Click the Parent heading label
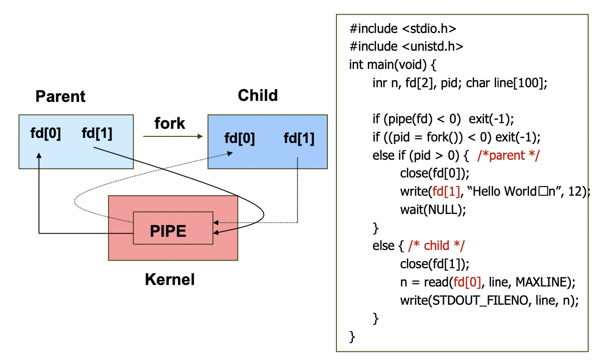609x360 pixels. coord(60,96)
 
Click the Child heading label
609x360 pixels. coord(257,95)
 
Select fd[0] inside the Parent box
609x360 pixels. coord(46,133)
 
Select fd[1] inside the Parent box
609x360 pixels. coord(97,133)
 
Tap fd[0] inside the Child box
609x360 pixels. coord(240,138)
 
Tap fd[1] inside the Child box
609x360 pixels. coord(299,138)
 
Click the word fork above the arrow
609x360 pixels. coord(170,123)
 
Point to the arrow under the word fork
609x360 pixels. coord(172,136)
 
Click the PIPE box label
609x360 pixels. coord(168,231)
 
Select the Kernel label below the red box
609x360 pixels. coord(170,279)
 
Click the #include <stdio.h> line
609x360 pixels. coord(406,28)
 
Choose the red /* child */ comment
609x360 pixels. coord(436,246)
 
